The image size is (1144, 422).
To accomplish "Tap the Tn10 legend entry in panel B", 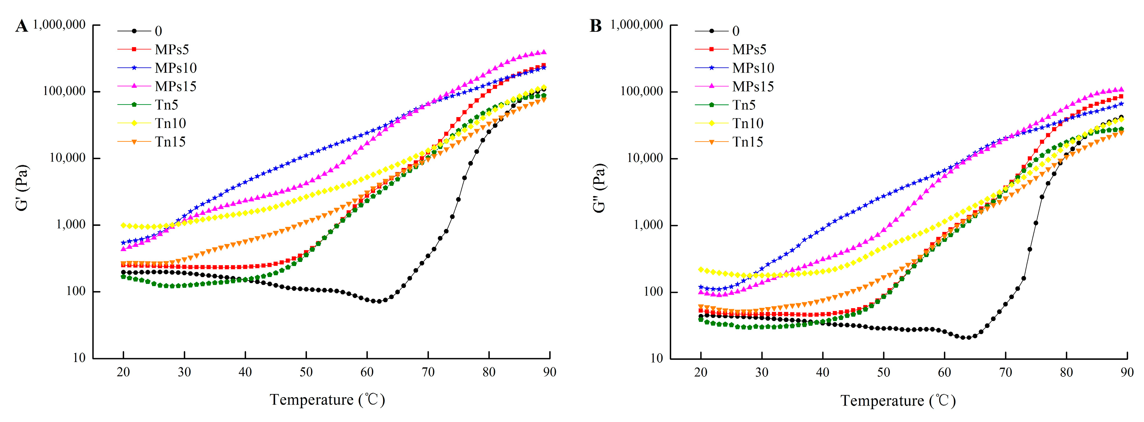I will click(747, 123).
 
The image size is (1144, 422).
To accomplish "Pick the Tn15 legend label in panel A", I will click(170, 142).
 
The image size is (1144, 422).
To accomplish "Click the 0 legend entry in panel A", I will click(158, 31).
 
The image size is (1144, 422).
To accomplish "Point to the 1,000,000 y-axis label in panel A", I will click(59, 24).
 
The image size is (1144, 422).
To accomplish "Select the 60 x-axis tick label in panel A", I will click(367, 372).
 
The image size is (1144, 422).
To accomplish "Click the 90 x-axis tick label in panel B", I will click(1127, 372).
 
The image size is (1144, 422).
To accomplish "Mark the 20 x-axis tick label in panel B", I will click(701, 372).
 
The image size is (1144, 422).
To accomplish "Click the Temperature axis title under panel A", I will click(327, 399).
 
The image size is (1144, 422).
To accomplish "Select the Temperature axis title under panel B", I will click(898, 400).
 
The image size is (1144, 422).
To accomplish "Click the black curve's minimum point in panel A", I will click(379, 301).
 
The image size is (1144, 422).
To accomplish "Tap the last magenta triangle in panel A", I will click(544, 52).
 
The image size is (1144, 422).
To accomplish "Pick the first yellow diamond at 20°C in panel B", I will click(701, 270).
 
